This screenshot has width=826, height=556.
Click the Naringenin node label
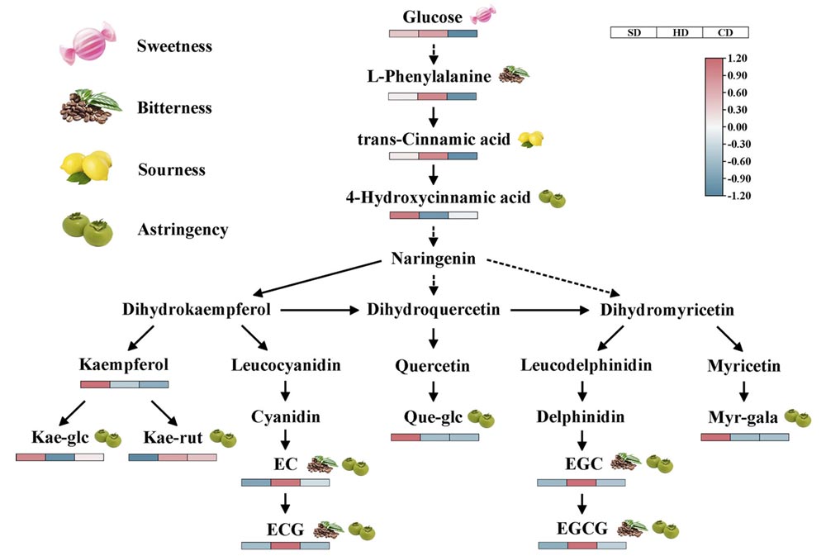432,259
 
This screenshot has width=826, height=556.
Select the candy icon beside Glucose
483,15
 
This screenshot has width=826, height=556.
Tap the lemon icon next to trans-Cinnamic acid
530,139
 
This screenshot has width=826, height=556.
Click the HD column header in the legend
679,33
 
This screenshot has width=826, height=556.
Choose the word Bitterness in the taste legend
174,108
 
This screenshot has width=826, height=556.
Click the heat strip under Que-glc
435,436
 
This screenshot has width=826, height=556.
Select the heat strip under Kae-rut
173,456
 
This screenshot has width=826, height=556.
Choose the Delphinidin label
582,417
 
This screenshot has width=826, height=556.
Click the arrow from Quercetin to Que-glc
433,391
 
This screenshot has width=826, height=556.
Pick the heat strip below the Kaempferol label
124,383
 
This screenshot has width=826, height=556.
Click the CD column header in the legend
725,33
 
